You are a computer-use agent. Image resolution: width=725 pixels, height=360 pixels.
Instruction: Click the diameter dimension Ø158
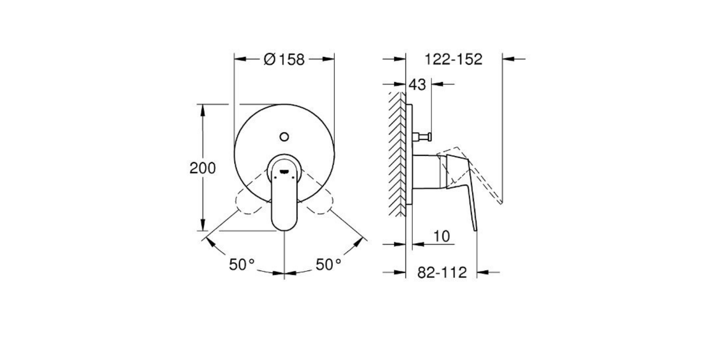(284, 59)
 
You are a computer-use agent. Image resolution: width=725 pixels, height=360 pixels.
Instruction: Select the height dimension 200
(203, 168)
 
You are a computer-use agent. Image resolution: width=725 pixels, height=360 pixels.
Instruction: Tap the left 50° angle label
(242, 264)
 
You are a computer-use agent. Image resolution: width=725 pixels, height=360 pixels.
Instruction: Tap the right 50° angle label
(329, 264)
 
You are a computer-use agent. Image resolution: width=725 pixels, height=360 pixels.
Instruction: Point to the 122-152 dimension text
(453, 59)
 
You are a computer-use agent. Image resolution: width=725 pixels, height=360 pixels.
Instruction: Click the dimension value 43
(418, 84)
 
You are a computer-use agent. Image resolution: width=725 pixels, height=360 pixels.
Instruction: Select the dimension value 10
(441, 236)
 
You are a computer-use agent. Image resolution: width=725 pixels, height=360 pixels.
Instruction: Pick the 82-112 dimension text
(442, 272)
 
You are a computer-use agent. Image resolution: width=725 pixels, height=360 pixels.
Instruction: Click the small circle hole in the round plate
(284, 137)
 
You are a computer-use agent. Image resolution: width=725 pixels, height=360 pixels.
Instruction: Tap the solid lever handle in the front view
(284, 202)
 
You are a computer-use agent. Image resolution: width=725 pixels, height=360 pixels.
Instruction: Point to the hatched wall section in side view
(397, 154)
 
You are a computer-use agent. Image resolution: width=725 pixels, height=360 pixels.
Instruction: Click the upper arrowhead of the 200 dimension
(202, 108)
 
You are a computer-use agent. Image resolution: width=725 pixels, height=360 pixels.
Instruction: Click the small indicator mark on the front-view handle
(284, 172)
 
